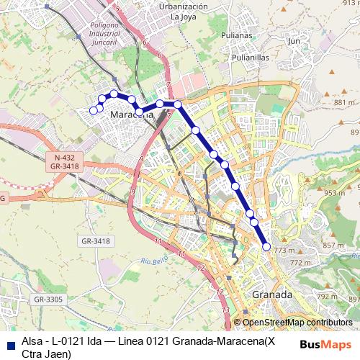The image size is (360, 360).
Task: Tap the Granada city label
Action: (272, 295)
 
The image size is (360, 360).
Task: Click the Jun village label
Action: (293, 42)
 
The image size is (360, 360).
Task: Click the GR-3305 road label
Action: (50, 299)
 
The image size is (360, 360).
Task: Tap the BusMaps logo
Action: (325, 343)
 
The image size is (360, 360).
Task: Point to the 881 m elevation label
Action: (341, 103)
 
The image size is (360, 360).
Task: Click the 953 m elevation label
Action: (335, 193)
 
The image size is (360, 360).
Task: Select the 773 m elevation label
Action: (284, 251)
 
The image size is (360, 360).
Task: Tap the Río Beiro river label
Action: (153, 261)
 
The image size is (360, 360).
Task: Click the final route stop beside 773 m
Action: (266, 247)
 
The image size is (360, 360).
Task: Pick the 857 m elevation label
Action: (333, 246)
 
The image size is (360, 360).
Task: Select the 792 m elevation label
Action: (327, 296)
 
